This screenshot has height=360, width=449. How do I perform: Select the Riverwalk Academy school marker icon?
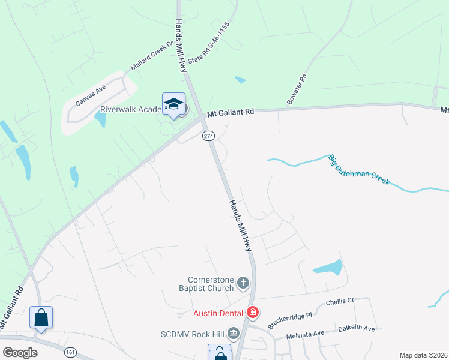pos(173,104)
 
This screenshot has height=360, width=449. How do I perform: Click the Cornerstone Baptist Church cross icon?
pos(243,283)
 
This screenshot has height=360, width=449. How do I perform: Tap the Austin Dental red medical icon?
pos(253,313)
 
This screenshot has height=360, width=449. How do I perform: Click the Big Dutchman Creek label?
pos(359,170)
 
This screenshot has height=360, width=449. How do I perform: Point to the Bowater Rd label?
pos(297,90)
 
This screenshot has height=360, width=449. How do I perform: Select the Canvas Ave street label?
pos(91,95)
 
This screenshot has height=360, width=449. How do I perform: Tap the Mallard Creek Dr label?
pos(152,56)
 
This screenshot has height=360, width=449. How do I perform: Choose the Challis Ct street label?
pos(340,302)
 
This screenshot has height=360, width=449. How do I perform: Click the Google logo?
pos(20,352)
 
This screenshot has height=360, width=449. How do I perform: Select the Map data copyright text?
pos(424,355)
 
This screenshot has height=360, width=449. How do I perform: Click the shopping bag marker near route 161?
pos(41,317)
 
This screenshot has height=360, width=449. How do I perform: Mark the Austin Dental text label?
pos(218,313)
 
